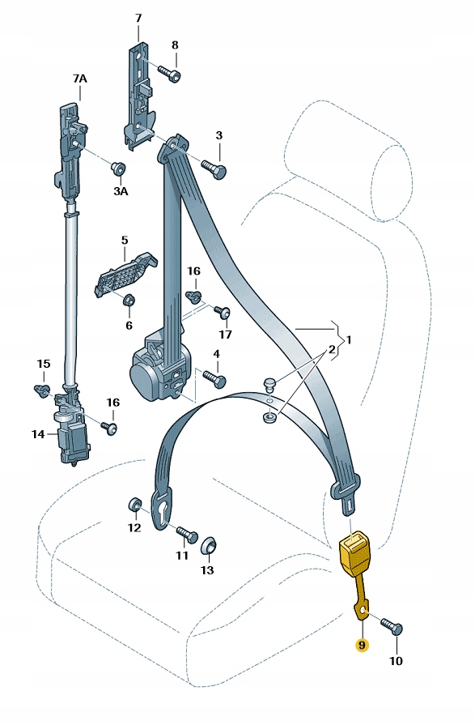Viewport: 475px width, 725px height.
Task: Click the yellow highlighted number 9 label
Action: tap(362, 645)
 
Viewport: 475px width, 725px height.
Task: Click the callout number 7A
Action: tap(79, 79)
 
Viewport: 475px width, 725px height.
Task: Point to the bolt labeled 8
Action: tap(169, 73)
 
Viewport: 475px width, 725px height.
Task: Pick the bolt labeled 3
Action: tap(214, 168)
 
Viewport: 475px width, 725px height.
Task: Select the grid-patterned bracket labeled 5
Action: tap(124, 273)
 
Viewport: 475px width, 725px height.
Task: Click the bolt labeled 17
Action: tap(222, 312)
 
